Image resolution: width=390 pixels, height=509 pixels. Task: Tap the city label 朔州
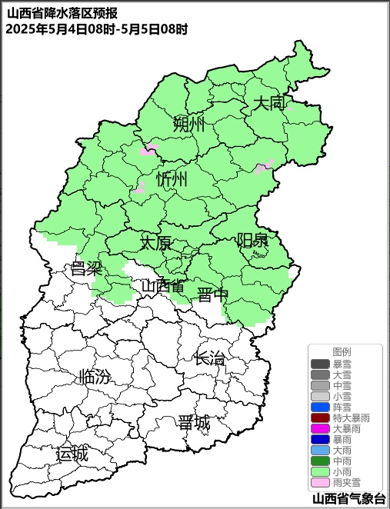[189, 124]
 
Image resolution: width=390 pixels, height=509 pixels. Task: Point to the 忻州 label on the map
[172, 180]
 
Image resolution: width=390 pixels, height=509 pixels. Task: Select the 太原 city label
[155, 243]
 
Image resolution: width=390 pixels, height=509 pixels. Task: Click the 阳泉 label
[252, 240]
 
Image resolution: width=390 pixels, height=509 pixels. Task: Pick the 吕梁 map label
[86, 268]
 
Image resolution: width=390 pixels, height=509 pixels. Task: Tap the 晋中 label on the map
[212, 295]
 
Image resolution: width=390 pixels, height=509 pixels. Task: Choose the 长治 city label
[209, 358]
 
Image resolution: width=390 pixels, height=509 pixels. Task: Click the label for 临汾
[95, 377]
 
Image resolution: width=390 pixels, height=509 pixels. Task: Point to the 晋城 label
[194, 423]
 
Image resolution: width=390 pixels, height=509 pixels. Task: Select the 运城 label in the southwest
[72, 454]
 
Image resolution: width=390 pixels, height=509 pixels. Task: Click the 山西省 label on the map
[162, 286]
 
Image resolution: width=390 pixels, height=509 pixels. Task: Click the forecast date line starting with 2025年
[96, 29]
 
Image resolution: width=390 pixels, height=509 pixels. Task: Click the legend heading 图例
[342, 351]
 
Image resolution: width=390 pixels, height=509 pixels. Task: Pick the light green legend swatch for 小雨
[320, 471]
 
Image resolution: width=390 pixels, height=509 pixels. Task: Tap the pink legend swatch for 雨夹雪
[320, 482]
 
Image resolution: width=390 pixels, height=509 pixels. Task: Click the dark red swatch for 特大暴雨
[320, 418]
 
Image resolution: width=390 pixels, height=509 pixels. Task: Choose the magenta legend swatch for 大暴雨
[320, 428]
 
